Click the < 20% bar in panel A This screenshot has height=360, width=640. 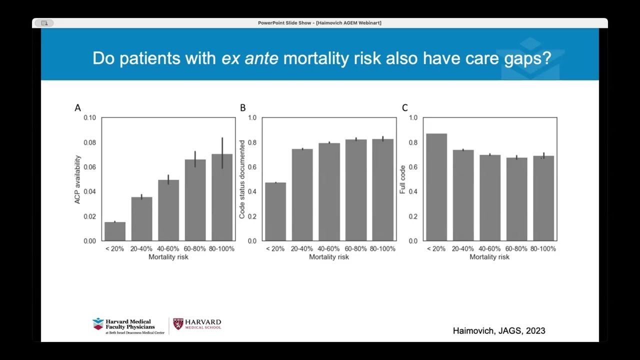115,231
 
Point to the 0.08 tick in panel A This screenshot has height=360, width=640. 89,142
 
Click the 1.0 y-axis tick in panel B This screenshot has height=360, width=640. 251,118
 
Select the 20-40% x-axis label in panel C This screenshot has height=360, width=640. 462,248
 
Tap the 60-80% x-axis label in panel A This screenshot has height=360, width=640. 195,248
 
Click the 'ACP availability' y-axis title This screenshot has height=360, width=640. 77,179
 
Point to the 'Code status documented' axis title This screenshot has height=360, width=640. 242,179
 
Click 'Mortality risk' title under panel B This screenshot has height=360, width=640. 329,257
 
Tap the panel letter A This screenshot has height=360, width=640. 77,108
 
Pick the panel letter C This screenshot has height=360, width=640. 404,108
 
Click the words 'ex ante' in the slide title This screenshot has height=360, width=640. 249,58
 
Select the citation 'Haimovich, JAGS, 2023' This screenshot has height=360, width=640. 498,330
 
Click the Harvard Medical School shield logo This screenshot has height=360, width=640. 178,324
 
